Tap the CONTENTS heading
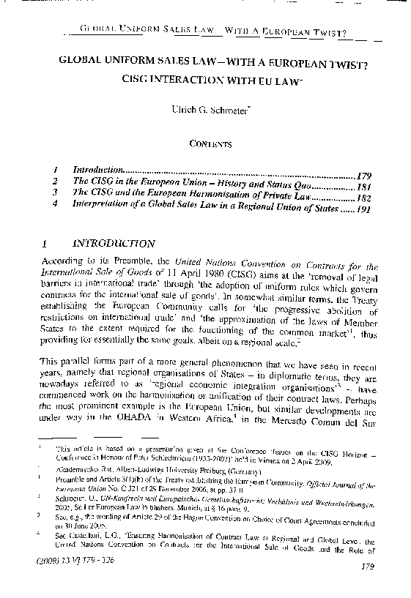click(206, 144)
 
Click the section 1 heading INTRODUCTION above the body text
click(119, 244)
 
